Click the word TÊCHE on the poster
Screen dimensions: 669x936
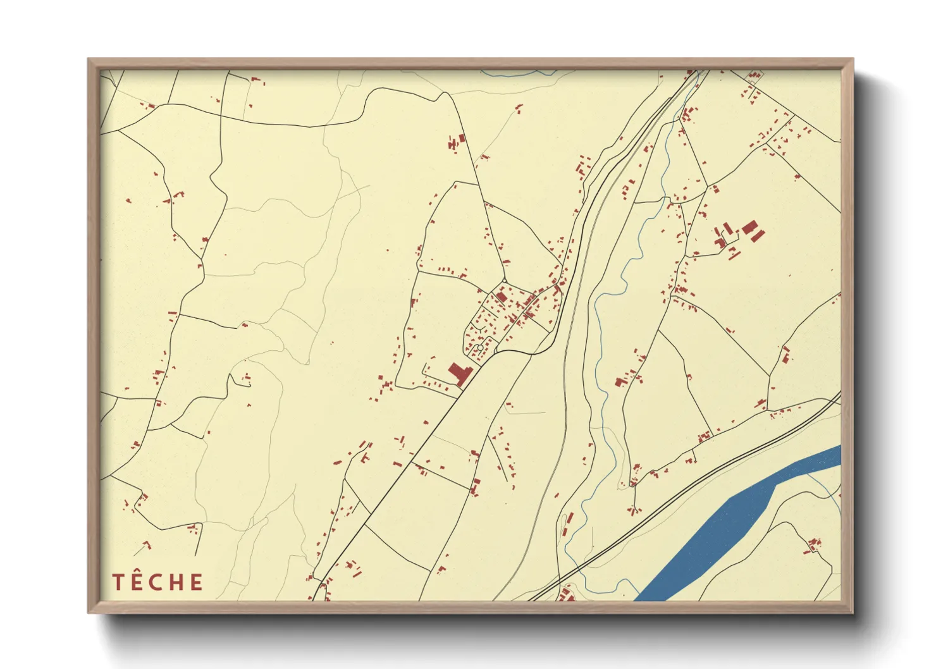[157, 582]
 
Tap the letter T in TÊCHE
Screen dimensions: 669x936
[117, 582]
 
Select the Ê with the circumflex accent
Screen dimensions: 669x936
[137, 581]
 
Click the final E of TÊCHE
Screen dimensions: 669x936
[196, 582]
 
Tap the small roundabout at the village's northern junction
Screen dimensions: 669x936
[504, 281]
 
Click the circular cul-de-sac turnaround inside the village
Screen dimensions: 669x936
[480, 348]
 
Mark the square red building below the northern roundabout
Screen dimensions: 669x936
[501, 296]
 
